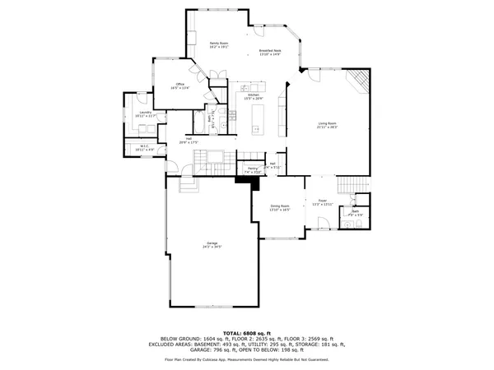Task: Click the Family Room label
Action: click(x=218, y=44)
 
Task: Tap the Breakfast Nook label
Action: click(x=272, y=53)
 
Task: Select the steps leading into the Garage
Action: click(x=189, y=186)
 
